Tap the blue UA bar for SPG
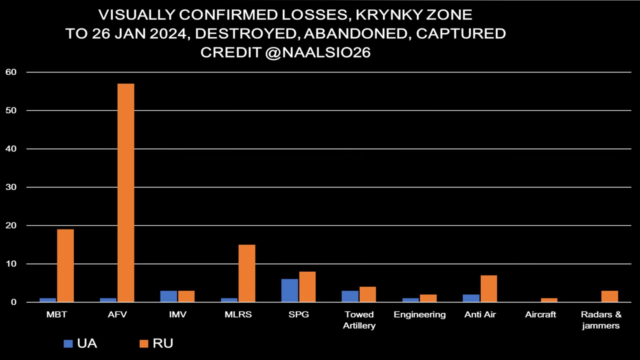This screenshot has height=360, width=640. click(x=289, y=290)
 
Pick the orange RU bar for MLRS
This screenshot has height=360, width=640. click(x=247, y=273)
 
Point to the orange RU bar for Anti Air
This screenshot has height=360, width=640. click(x=488, y=289)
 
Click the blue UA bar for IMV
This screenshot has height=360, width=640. click(x=169, y=296)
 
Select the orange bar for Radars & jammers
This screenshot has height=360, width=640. click(x=609, y=296)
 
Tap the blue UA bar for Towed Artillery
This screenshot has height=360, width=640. click(x=350, y=296)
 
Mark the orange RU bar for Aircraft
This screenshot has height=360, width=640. click(x=549, y=300)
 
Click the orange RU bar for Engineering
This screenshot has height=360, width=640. click(x=428, y=298)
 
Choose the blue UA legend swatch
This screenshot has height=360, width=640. click(x=68, y=344)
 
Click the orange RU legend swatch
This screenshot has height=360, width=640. click(x=144, y=344)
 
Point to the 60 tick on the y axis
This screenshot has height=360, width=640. click(x=11, y=72)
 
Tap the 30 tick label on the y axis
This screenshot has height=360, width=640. click(x=11, y=187)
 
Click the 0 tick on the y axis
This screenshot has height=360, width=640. click(x=13, y=302)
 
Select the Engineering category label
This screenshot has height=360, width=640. click(x=419, y=315)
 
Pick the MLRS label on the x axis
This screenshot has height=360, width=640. click(x=238, y=315)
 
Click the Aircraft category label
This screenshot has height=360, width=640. click(x=540, y=315)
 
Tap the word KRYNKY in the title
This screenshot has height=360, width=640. click(x=387, y=15)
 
